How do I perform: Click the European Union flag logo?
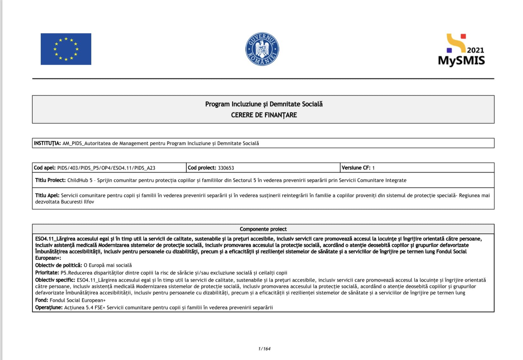pyautogui.click(x=66, y=49)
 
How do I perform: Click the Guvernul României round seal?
pyautogui.click(x=262, y=49)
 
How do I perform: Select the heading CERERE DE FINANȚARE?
pyautogui.click(x=264, y=115)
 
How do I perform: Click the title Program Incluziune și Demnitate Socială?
pyautogui.click(x=264, y=104)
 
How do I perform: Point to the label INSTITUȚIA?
pyautogui.click(x=47, y=143)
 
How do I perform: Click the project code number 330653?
pyautogui.click(x=226, y=168)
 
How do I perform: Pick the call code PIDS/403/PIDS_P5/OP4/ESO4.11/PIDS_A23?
pyautogui.click(x=106, y=168)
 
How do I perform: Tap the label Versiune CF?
pyautogui.click(x=356, y=168)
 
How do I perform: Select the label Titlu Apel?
pyautogui.click(x=47, y=195)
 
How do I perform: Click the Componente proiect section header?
pyautogui.click(x=263, y=229)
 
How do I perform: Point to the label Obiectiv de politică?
pyautogui.click(x=59, y=265)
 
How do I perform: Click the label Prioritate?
pyautogui.click(x=47, y=273)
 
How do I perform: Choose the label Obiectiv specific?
pyautogui.click(x=55, y=280)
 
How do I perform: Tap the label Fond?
pyautogui.click(x=42, y=300)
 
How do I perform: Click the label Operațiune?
pyautogui.click(x=49, y=307)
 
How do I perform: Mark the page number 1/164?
pyautogui.click(x=264, y=349)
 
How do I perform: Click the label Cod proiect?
pyautogui.click(x=202, y=168)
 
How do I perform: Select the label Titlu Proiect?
pyautogui.click(x=50, y=180)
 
